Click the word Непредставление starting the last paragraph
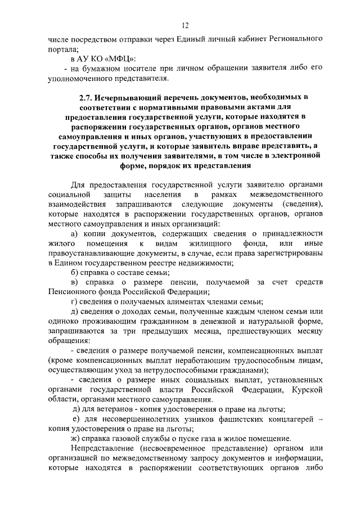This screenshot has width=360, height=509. click(107, 448)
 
